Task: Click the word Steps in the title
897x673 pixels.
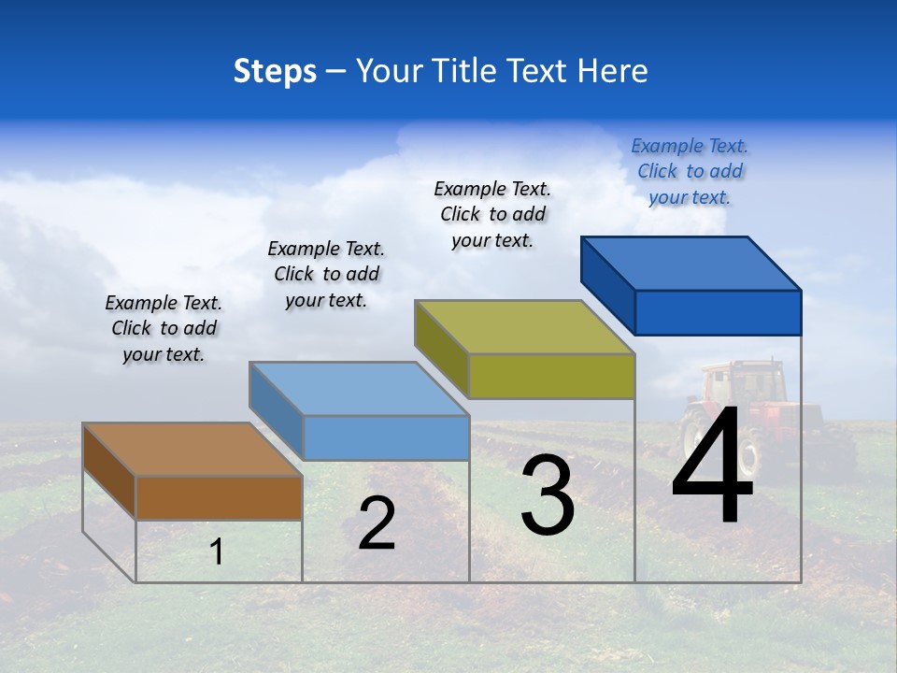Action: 275,71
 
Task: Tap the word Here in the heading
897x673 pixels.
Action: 612,71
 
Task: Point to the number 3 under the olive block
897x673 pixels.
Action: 547,496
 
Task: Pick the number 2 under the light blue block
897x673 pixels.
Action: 377,523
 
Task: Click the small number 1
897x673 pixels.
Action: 217,552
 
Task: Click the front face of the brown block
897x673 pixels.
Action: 219,497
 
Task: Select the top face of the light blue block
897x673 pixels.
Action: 360,388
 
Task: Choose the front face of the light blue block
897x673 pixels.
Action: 386,437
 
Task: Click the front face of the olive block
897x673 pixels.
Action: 551,376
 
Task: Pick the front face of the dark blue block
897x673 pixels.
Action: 718,312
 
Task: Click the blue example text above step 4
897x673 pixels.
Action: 690,172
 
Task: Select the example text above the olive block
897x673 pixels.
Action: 492,214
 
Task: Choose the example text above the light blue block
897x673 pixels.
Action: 326,275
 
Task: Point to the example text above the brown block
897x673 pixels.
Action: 164,329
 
